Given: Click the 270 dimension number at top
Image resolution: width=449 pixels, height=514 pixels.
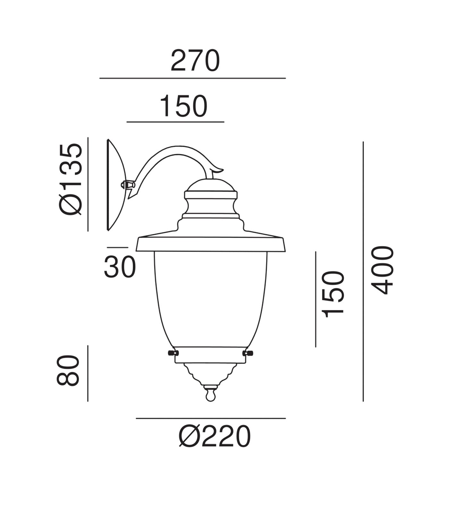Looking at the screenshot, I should (x=195, y=61).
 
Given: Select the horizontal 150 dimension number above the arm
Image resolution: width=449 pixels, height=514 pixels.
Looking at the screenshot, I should (x=183, y=106).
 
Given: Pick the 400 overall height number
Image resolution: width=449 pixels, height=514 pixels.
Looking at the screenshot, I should (x=382, y=270).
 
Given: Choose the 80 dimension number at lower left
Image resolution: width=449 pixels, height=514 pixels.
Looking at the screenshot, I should (x=68, y=370).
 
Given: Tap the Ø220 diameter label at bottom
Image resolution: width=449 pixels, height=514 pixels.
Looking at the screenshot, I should (x=214, y=437).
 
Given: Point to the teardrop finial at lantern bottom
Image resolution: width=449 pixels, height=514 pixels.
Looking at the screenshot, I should (x=210, y=394).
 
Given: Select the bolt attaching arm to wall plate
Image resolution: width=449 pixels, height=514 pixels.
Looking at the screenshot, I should (x=127, y=185).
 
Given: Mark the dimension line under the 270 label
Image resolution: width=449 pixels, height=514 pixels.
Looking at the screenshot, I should (x=192, y=78).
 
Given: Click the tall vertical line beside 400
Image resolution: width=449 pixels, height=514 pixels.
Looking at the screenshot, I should (x=363, y=271).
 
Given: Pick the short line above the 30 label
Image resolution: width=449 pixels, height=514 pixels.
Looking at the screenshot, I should (x=117, y=247).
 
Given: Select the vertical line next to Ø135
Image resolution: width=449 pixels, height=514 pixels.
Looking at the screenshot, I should (x=88, y=184).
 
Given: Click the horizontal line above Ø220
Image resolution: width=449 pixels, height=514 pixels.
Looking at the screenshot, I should (x=211, y=418).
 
